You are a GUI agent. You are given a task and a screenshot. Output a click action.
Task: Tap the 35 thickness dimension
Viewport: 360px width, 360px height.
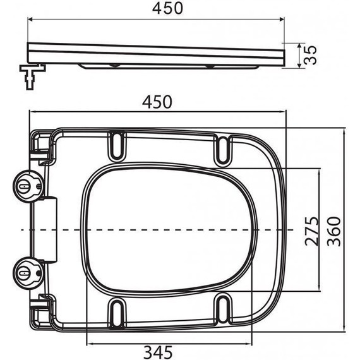309,54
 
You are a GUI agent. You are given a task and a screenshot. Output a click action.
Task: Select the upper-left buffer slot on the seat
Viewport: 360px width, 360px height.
117,143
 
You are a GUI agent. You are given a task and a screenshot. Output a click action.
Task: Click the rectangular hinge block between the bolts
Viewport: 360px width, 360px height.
50,229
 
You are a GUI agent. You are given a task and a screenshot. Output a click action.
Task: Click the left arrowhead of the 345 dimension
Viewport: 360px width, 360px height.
88,343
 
